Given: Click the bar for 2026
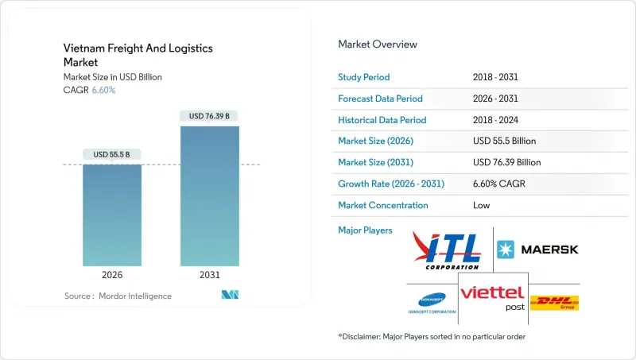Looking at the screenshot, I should (x=112, y=215).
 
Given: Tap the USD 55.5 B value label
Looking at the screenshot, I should (x=112, y=154).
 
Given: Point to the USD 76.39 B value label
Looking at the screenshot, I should (x=210, y=116).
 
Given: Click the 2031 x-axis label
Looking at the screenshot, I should (x=210, y=275).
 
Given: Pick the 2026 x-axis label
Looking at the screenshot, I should (x=112, y=275).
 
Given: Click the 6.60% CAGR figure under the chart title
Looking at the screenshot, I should (x=104, y=90).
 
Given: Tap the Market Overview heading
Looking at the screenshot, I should (x=378, y=45).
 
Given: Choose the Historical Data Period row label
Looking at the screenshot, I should (x=382, y=120).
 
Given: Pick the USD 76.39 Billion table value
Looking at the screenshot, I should (x=506, y=162).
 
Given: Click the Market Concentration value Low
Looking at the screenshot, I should (x=480, y=205).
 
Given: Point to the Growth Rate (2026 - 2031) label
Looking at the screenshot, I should (x=391, y=184).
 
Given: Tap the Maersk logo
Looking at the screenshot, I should (x=538, y=250).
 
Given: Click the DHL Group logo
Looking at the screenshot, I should (x=553, y=302).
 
